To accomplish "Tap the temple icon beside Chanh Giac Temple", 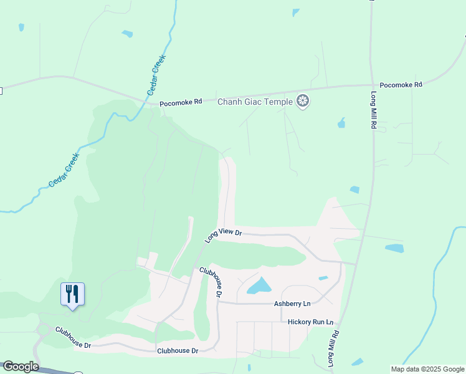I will (303, 101).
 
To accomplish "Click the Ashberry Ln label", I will (292, 304).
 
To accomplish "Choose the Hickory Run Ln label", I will (310, 322).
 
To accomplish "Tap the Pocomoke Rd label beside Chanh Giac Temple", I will (181, 103).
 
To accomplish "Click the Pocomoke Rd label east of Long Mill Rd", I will (401, 84).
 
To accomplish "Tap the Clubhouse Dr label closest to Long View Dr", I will (211, 281).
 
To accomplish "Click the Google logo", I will (21, 367).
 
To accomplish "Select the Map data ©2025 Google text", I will (427, 369).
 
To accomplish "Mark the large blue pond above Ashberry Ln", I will (259, 285).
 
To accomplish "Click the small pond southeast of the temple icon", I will (341, 123).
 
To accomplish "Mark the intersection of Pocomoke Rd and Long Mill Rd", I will (371, 85).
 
